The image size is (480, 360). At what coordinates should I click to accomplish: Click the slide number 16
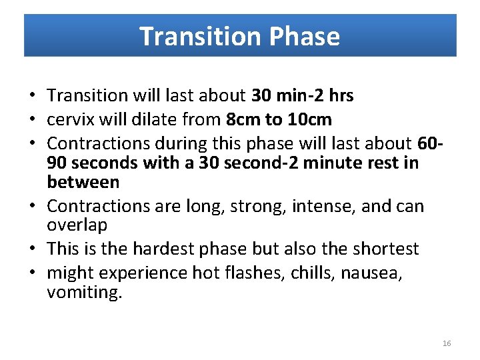click(x=447, y=343)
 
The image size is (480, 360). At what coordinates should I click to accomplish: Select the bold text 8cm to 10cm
click(x=279, y=119)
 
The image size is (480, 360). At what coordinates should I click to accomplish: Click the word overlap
click(x=77, y=225)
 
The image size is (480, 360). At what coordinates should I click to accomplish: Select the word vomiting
click(x=85, y=292)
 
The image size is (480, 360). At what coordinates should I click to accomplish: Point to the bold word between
click(x=83, y=182)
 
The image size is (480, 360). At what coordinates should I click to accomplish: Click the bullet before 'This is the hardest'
click(x=33, y=249)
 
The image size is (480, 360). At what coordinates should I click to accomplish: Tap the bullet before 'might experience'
click(x=33, y=273)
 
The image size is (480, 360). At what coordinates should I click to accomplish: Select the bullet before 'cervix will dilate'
click(x=33, y=120)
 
